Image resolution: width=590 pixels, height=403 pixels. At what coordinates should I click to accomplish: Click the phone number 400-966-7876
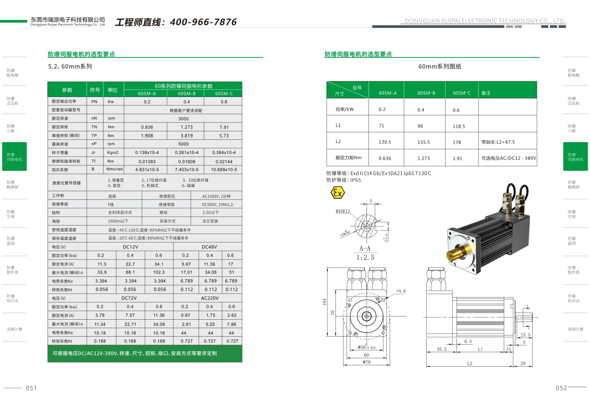(x=203, y=22)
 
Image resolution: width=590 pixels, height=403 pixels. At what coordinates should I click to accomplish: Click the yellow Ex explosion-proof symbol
(x=337, y=193)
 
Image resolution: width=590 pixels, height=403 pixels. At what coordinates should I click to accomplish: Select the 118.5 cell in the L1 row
(x=459, y=126)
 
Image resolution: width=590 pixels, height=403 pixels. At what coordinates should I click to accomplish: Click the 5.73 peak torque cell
(x=224, y=136)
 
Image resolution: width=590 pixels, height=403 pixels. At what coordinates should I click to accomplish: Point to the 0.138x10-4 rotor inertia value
(x=147, y=153)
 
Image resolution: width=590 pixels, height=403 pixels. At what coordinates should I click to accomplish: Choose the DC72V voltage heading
(x=129, y=298)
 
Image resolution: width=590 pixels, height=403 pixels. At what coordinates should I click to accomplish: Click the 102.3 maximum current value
(x=159, y=272)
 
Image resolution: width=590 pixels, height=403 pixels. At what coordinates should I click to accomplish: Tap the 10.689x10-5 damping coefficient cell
(x=224, y=169)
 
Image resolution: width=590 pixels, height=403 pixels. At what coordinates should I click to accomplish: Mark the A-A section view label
(x=365, y=248)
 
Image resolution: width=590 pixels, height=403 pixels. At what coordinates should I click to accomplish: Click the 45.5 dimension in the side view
(x=442, y=349)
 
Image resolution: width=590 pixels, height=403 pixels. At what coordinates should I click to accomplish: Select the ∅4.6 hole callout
(x=400, y=291)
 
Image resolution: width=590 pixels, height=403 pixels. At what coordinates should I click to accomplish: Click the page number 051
(x=31, y=388)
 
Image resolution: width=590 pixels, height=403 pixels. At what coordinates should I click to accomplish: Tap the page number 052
(x=561, y=388)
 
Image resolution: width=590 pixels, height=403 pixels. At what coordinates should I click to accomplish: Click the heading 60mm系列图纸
(x=440, y=66)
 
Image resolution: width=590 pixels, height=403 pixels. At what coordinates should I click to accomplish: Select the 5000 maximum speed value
(x=183, y=144)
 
